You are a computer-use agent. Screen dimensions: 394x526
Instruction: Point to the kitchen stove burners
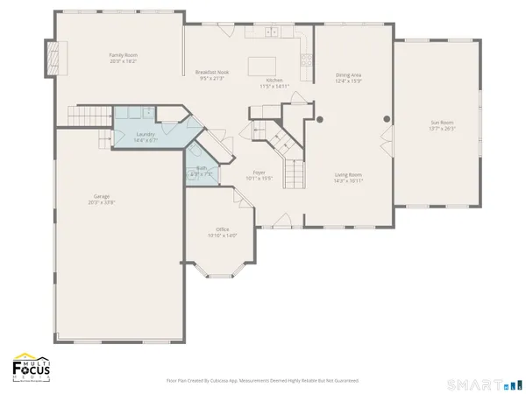307,60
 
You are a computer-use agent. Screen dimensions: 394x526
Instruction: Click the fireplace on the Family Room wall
51,57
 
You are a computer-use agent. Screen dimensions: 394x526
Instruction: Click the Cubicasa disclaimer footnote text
262,381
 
